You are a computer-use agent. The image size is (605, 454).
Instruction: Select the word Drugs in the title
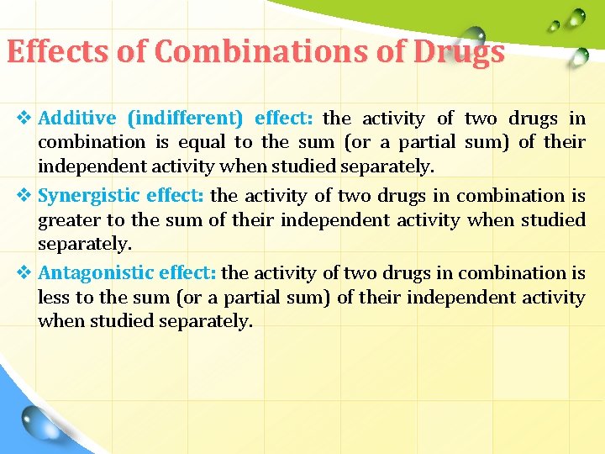tap(459, 52)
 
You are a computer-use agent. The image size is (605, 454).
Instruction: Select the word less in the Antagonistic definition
tap(53, 298)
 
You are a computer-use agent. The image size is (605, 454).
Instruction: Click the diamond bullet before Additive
tap(24, 118)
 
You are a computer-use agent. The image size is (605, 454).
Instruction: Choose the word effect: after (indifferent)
tap(283, 118)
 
